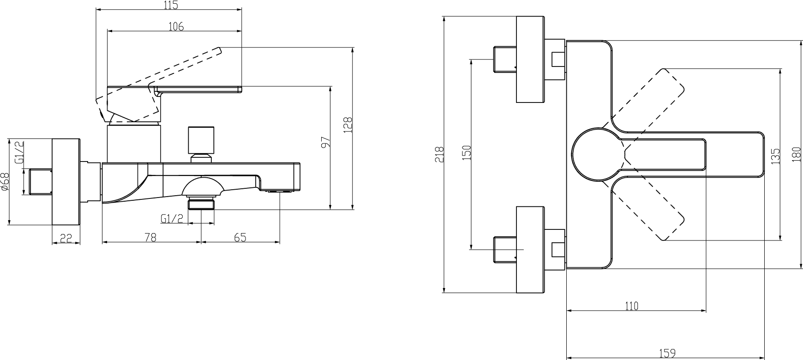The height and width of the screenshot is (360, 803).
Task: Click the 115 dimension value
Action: pyautogui.click(x=170, y=6)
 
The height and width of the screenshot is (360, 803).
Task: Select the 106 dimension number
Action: pyautogui.click(x=175, y=27)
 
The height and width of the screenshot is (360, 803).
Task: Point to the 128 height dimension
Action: pyautogui.click(x=348, y=125)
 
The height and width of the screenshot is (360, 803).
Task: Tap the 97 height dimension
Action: pyautogui.click(x=325, y=143)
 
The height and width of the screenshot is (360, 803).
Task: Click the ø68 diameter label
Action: pyautogui.click(x=5, y=181)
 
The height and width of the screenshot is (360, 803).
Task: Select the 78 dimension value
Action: pyautogui.click(x=150, y=238)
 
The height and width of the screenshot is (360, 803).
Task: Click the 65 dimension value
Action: pyautogui.click(x=240, y=238)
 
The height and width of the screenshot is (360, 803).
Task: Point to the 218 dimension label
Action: pyautogui.click(x=439, y=154)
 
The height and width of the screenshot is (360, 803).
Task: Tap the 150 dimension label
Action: pyautogui.click(x=467, y=153)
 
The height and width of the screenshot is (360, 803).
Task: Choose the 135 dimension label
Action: pyautogui.click(x=775, y=156)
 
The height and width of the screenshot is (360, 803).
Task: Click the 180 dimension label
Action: pyautogui.click(x=796, y=154)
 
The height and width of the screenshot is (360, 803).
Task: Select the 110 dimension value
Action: pyautogui.click(x=631, y=306)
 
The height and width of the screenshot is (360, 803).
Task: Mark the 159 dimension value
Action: pyautogui.click(x=667, y=354)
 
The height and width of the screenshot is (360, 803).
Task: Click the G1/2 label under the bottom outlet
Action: pyautogui.click(x=172, y=218)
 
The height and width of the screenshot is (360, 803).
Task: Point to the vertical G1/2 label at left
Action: pyautogui.click(x=19, y=153)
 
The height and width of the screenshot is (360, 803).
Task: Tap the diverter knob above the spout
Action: pyautogui.click(x=201, y=140)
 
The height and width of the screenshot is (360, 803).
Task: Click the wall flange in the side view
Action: pyautogui.click(x=66, y=181)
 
